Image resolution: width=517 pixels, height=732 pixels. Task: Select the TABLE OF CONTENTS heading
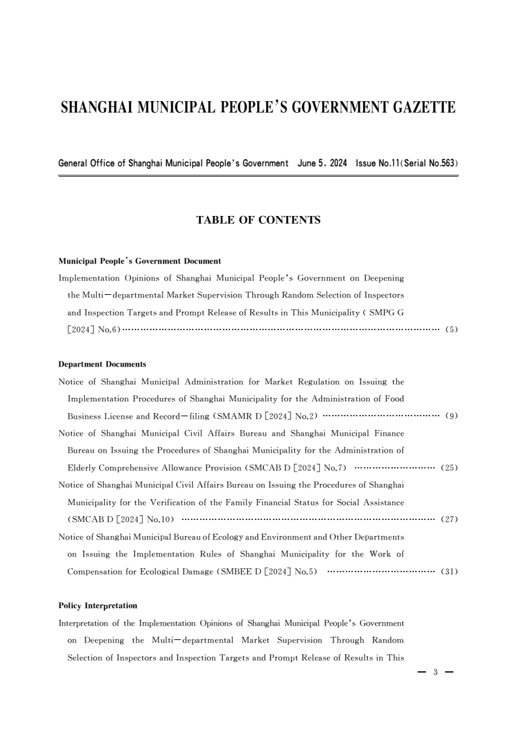click(x=258, y=221)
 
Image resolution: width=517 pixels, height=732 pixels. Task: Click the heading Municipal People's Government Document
click(x=140, y=261)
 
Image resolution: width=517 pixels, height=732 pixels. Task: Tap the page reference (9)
click(x=452, y=416)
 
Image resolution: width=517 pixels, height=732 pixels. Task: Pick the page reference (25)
click(x=450, y=468)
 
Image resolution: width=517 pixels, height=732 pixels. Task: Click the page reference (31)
click(x=450, y=572)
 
